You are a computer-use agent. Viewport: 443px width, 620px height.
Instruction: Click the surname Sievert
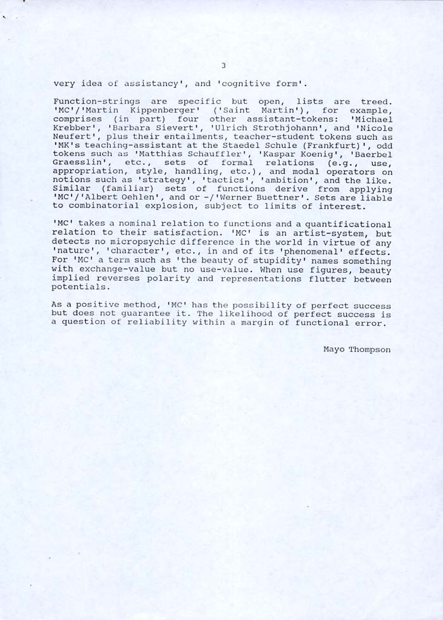179,128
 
